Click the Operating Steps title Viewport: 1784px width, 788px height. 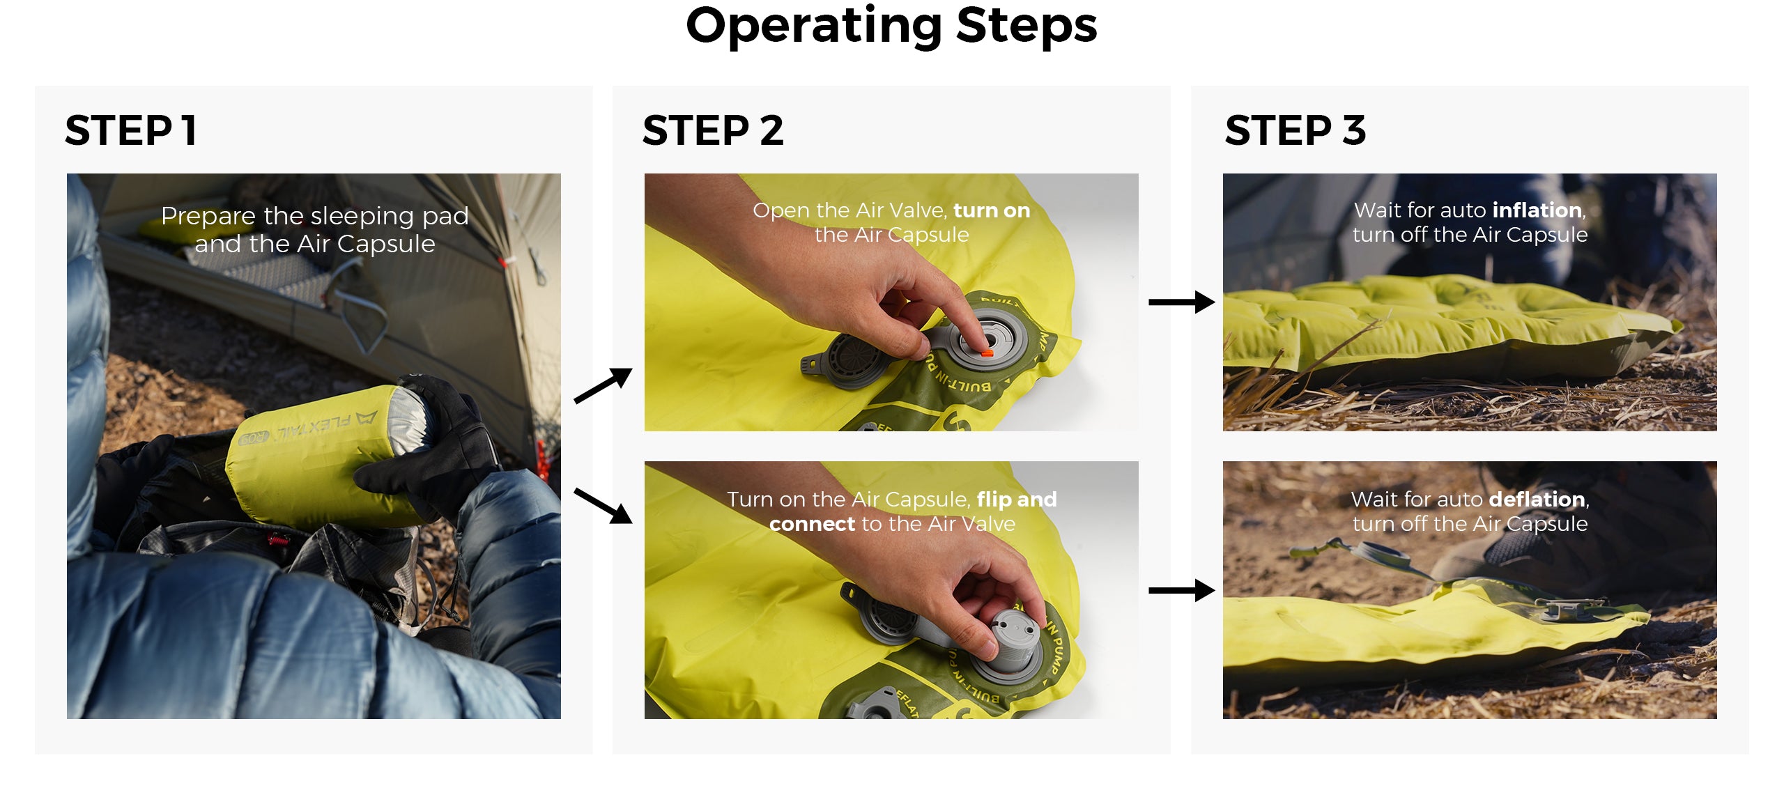click(x=891, y=26)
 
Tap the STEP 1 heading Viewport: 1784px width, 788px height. click(x=130, y=130)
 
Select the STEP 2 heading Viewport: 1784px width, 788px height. click(x=713, y=130)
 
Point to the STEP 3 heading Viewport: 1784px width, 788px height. click(x=1295, y=130)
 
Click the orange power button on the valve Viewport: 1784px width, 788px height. click(x=986, y=353)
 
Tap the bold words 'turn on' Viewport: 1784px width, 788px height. click(x=992, y=210)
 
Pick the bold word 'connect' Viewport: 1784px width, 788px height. click(x=812, y=524)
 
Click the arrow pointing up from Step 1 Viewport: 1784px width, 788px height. click(x=603, y=385)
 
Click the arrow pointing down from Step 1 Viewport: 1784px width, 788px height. click(x=603, y=506)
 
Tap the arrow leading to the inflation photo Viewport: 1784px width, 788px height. click(x=1182, y=302)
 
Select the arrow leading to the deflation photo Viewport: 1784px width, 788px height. click(x=1182, y=591)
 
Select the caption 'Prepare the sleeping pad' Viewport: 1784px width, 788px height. click(x=314, y=216)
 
